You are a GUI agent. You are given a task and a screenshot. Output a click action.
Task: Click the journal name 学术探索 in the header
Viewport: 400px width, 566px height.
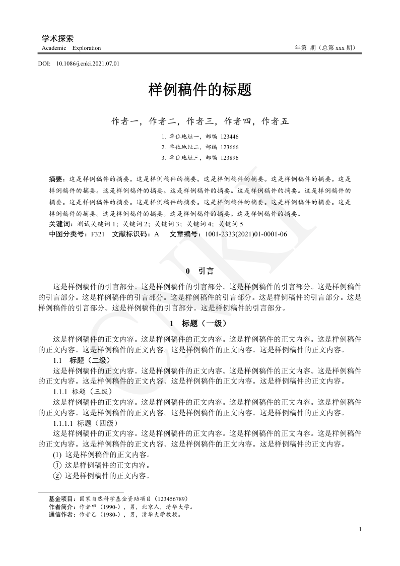58,38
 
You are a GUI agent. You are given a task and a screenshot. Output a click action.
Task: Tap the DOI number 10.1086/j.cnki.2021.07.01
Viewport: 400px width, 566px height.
88,64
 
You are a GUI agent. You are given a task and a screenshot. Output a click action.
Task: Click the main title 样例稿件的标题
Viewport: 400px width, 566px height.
199,91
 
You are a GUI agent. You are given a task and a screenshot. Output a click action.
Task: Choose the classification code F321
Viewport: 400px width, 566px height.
98,234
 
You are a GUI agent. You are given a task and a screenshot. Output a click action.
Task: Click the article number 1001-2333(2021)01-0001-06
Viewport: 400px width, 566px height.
244,234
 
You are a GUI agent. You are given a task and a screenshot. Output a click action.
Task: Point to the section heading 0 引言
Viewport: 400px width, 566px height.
200,271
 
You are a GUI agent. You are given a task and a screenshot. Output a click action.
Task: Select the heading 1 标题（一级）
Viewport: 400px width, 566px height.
200,323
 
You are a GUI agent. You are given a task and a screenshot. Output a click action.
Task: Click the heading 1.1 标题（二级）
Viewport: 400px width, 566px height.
81,360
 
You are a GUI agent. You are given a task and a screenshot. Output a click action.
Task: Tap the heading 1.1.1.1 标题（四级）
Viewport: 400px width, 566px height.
86,423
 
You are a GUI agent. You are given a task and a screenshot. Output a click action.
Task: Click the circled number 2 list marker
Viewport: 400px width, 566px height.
57,476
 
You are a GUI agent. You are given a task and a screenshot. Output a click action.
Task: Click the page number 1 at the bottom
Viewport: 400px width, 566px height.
360,529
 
